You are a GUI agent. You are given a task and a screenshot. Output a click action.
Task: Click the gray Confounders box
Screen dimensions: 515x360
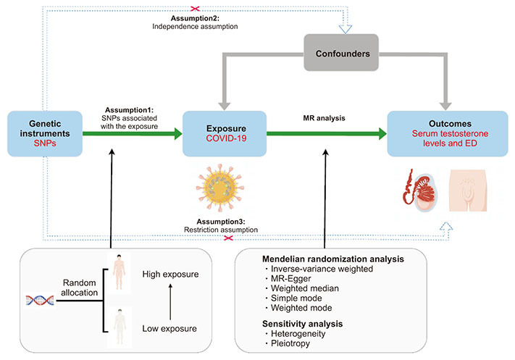coord(341,53)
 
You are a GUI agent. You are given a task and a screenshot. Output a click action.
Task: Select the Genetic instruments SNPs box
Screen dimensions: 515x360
coord(45,133)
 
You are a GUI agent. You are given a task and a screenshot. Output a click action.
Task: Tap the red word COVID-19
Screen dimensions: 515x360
coord(226,138)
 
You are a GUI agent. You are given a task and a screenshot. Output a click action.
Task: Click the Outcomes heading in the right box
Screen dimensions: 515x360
coord(450,124)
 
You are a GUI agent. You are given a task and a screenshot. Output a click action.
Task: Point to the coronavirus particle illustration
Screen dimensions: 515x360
coord(220,188)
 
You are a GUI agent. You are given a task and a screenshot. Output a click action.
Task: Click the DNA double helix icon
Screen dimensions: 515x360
coord(40,300)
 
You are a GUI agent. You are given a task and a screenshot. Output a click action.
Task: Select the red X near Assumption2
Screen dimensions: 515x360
coord(195,8)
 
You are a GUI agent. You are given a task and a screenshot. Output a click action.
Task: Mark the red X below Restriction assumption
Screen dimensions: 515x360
coord(228,238)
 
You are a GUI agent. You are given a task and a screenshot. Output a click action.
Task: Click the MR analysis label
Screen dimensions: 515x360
coord(324,118)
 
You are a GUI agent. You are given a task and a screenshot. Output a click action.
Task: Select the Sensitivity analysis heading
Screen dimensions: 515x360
coord(303,324)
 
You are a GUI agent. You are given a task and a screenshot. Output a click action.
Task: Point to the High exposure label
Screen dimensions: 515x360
coord(170,275)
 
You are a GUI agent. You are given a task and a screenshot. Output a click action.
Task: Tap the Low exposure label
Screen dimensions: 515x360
coord(169,328)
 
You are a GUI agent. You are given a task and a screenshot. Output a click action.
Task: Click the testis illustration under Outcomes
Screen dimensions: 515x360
coord(420,191)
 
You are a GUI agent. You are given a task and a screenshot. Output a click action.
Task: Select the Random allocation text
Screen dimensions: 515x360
coord(80,288)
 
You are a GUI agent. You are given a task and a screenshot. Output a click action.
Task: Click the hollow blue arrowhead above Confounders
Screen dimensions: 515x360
coord(346,29)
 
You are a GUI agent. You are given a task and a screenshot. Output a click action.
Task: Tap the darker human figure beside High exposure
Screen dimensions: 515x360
coord(119,272)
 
